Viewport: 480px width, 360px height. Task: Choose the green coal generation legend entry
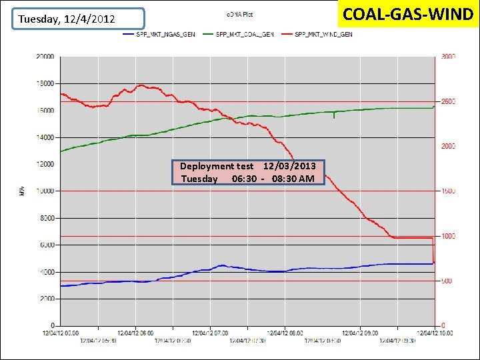click(244, 35)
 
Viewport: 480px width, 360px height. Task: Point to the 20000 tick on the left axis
click(45, 57)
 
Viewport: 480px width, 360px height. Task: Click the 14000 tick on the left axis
click(45, 137)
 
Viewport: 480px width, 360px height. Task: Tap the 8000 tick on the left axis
click(47, 218)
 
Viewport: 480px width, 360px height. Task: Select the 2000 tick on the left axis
click(47, 299)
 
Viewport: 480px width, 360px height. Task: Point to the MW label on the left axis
click(22, 191)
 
